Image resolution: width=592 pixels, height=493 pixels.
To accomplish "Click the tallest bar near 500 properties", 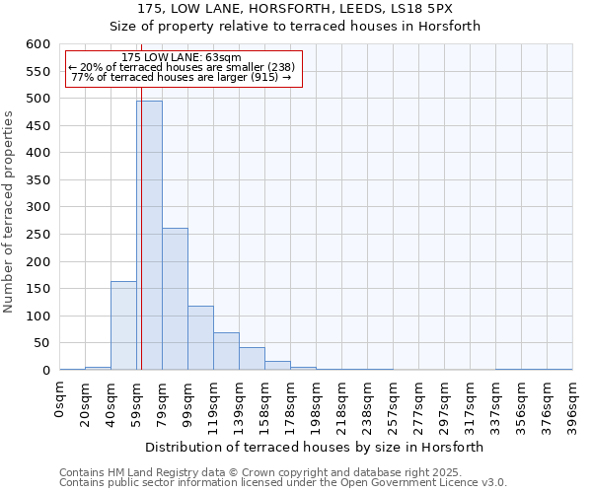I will click(x=149, y=236).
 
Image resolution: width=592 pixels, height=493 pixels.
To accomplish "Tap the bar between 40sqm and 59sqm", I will click(x=123, y=325).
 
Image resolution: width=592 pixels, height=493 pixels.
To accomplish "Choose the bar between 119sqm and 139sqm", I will click(x=226, y=351).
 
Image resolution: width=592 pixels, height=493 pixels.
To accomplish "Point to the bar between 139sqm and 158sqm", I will click(x=252, y=359).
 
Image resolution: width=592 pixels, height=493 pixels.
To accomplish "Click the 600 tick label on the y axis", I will click(x=37, y=44).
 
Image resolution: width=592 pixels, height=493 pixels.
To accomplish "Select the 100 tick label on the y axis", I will click(x=37, y=317).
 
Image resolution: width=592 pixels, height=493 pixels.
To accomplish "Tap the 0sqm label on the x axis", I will click(x=60, y=398).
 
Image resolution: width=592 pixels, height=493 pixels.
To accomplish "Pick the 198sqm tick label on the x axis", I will click(x=317, y=402).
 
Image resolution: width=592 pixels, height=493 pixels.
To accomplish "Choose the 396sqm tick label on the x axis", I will click(x=573, y=402).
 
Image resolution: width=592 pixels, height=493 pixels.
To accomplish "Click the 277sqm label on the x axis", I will click(x=419, y=402).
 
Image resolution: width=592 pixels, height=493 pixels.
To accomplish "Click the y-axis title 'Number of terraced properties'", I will click(x=10, y=212).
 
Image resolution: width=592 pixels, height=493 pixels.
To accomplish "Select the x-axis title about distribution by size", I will click(x=316, y=447).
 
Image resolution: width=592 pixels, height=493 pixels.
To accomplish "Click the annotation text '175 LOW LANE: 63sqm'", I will click(x=182, y=58).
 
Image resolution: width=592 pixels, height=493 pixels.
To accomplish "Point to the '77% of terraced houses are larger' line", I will click(x=182, y=77).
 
